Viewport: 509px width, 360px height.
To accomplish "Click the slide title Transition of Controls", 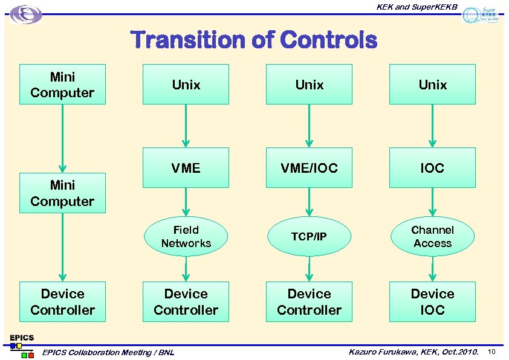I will (x=254, y=40).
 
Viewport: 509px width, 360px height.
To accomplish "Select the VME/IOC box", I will (x=309, y=167).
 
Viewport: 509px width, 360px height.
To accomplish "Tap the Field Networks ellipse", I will (x=186, y=236).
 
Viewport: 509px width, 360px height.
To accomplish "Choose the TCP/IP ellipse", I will (x=309, y=236).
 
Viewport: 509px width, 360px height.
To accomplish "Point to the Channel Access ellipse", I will (x=432, y=236).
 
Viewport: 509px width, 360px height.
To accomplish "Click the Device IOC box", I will (x=432, y=301).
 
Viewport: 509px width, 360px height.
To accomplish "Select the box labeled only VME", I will (x=186, y=167).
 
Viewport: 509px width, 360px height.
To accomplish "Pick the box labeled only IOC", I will (x=432, y=167).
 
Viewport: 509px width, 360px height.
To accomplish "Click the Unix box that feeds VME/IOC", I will (x=309, y=85).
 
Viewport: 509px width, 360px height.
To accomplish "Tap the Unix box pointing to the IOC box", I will (x=432, y=85).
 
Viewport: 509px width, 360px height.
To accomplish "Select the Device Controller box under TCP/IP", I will (x=309, y=301).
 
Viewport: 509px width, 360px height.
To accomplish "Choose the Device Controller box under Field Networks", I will (x=186, y=301).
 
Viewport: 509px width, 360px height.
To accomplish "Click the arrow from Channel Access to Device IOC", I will (x=432, y=269).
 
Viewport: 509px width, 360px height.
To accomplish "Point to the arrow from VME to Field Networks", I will (x=186, y=202).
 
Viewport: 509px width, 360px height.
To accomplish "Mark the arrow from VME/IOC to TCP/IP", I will (x=309, y=202).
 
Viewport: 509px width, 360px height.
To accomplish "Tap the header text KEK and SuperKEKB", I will (x=417, y=7).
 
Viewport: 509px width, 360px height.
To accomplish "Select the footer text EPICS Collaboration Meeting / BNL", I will (x=108, y=352).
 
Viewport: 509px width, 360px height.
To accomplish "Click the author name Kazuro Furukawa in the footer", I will (x=383, y=352).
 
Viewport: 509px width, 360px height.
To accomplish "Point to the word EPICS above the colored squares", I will (x=22, y=337).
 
